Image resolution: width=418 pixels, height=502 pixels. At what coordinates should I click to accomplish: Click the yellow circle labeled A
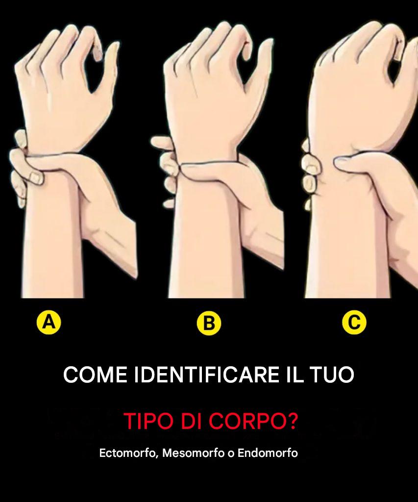(x=49, y=322)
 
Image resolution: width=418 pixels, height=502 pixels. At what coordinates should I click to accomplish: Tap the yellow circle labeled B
(x=209, y=323)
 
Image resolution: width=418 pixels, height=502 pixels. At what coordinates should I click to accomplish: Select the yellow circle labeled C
(x=354, y=322)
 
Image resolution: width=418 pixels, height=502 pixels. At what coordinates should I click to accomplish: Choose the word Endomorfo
(x=268, y=453)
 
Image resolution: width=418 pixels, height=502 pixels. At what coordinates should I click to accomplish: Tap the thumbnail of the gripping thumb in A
(x=36, y=178)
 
